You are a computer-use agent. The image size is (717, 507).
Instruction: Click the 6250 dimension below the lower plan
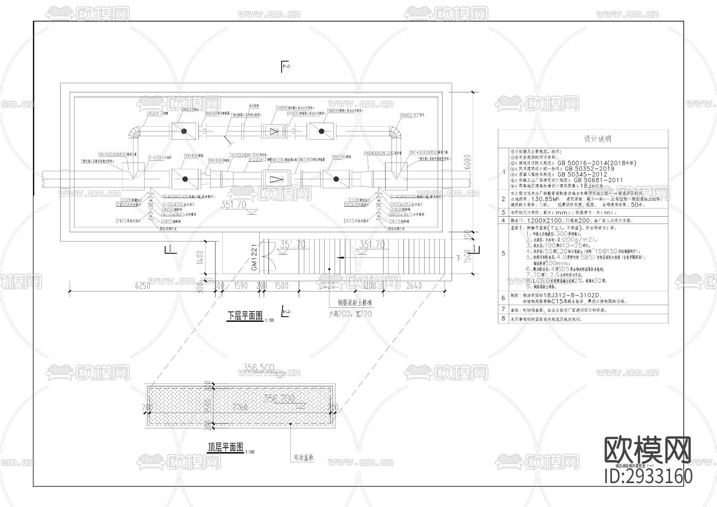[x=143, y=285]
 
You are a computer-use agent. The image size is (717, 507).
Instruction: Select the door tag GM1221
[x=255, y=258]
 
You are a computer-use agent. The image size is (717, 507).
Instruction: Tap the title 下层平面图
[x=245, y=316]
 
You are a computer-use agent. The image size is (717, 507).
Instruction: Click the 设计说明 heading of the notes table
[x=597, y=139]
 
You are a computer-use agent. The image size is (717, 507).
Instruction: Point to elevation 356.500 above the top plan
[x=259, y=368]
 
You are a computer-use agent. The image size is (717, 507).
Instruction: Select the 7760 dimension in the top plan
[x=240, y=407]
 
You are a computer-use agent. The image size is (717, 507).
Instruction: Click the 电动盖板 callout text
[x=304, y=458]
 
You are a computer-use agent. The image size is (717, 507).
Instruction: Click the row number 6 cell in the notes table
[x=503, y=298]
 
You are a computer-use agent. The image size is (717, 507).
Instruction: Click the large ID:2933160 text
[x=648, y=476]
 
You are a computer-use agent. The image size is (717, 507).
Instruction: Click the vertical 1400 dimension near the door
[x=200, y=257]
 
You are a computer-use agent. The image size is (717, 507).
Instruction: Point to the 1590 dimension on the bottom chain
[x=241, y=285]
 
